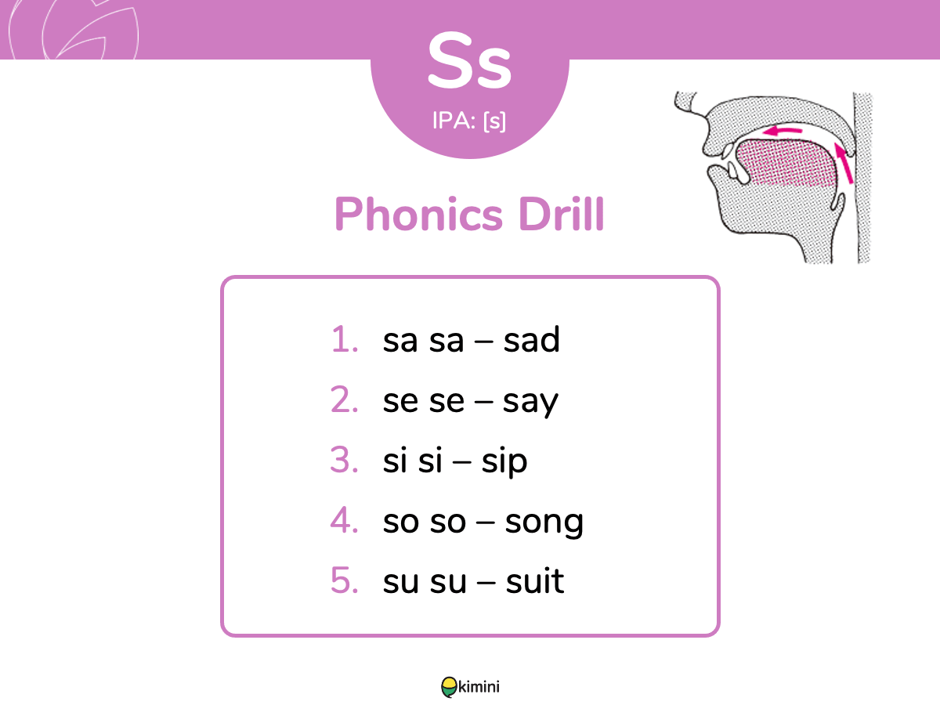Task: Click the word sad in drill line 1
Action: (x=531, y=339)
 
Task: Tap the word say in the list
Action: (x=530, y=403)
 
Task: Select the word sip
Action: (x=504, y=462)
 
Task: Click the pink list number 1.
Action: (x=345, y=339)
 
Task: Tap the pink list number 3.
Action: (x=344, y=460)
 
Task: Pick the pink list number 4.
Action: (x=344, y=520)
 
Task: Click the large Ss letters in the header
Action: (x=469, y=61)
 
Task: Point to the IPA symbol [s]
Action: (x=494, y=121)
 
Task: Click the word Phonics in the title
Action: (x=419, y=214)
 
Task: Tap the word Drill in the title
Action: (x=561, y=214)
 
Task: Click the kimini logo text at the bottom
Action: (x=479, y=687)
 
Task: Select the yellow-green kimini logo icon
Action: (x=449, y=687)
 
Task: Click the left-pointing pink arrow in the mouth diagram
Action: (x=782, y=131)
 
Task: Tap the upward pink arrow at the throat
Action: (x=844, y=164)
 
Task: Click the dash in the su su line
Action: (x=486, y=582)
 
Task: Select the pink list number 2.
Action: (x=344, y=399)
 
